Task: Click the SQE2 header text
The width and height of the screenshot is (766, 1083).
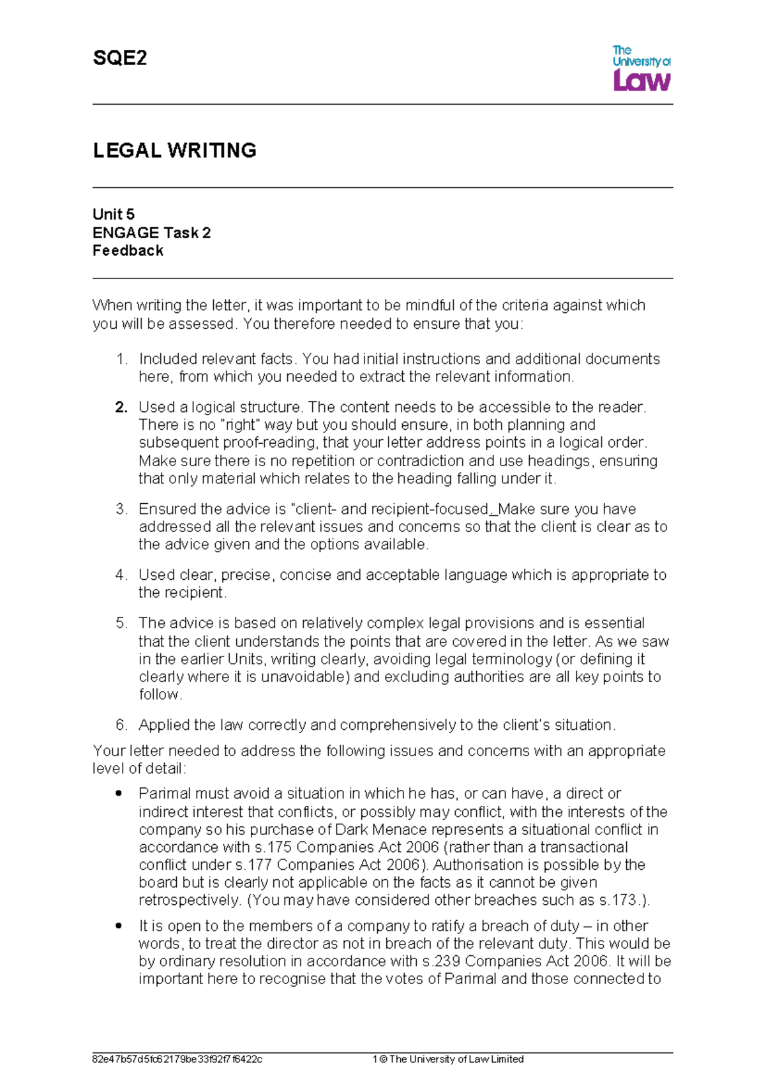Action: (x=120, y=59)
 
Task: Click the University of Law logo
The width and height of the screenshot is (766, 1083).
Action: (x=641, y=68)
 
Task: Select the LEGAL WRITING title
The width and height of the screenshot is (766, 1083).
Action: (x=174, y=151)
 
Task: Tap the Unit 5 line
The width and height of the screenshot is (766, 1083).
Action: (x=114, y=215)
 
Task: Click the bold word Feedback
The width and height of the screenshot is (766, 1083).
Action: (x=128, y=251)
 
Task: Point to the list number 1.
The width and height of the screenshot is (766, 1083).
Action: (x=121, y=359)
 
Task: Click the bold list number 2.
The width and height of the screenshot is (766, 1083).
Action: (x=121, y=407)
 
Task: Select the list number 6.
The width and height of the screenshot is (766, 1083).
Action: (x=121, y=725)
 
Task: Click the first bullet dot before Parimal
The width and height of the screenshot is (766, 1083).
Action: (x=118, y=794)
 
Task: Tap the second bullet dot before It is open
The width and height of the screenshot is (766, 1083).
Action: (x=118, y=926)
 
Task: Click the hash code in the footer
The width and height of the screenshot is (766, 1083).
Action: (x=177, y=1059)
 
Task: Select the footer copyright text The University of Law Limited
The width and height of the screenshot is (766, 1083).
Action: (x=456, y=1059)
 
